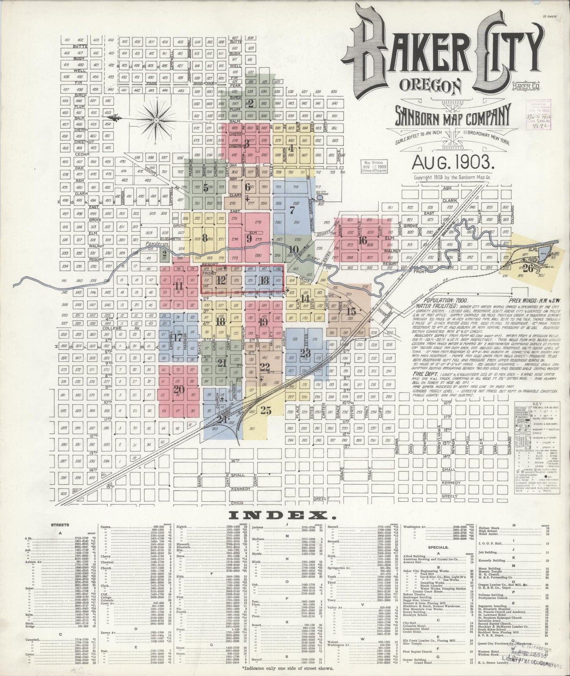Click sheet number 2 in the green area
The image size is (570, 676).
point(250,103)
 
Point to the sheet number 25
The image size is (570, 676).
point(266,410)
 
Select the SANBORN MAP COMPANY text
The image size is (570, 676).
point(448,115)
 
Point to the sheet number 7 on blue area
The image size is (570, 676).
point(292,211)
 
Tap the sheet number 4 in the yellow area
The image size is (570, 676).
point(291,149)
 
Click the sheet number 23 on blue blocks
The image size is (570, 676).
point(305,353)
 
